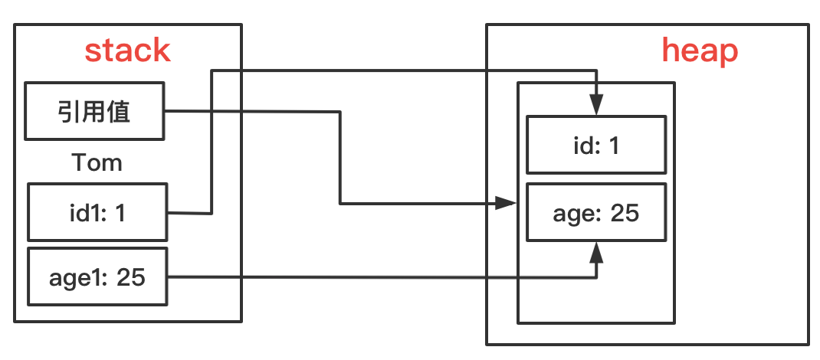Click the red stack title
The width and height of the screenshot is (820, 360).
[x=128, y=51]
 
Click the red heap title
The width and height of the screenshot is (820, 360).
[x=700, y=52]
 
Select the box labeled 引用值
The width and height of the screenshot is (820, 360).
[x=95, y=111]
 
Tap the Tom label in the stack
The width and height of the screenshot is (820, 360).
[x=97, y=162]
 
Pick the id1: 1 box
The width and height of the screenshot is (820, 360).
[x=97, y=211]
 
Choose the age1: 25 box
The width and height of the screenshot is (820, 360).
[x=97, y=277]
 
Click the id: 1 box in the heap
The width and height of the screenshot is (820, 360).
[x=596, y=145]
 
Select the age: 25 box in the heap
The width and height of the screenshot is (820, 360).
[x=596, y=212]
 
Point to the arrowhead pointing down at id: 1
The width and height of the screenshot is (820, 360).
[x=597, y=104]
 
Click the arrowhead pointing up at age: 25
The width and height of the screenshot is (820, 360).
[x=597, y=252]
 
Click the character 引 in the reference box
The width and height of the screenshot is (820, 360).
[x=67, y=111]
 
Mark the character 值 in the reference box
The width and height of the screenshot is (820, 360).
[x=120, y=111]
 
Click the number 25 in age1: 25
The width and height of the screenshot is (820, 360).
[x=131, y=277]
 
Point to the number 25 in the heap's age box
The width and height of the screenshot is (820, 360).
[x=625, y=213]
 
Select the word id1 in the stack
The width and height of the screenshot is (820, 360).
[x=84, y=213]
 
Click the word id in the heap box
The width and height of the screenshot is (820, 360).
[x=582, y=146]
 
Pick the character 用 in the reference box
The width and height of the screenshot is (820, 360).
[x=93, y=111]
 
